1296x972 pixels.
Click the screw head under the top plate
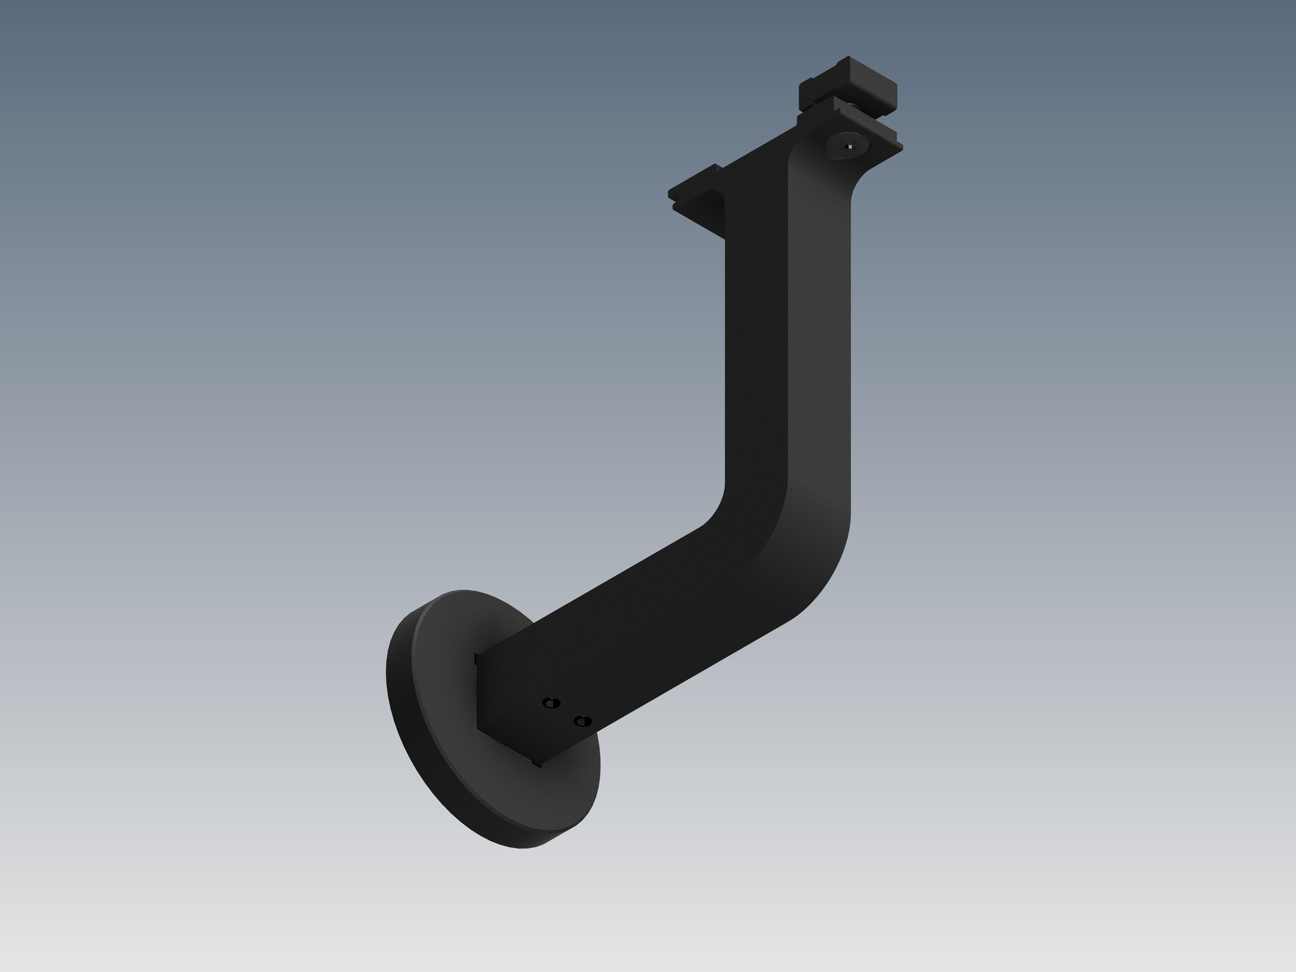tap(847, 146)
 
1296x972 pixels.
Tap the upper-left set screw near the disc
tap(551, 703)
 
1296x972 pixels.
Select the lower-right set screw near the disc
tap(582, 721)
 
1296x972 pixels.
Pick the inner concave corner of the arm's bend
tap(718, 510)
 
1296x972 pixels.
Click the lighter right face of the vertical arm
tap(820, 352)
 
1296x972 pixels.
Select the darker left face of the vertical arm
tap(756, 352)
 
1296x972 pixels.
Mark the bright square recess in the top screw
tap(849, 147)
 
